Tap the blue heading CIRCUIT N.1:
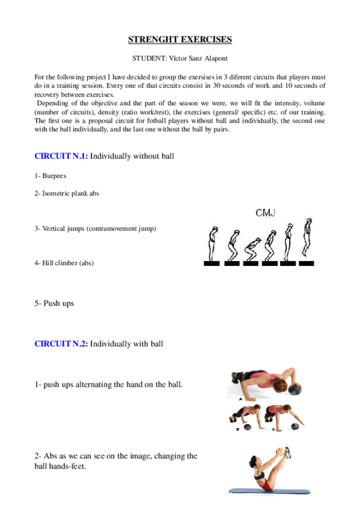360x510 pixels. click(61, 156)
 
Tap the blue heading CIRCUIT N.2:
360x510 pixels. click(61, 344)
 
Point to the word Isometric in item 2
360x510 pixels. click(57, 194)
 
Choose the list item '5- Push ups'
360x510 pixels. click(54, 304)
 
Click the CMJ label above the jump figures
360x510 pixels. click(264, 213)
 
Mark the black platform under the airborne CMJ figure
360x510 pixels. click(307, 263)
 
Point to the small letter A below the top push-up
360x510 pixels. click(241, 399)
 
